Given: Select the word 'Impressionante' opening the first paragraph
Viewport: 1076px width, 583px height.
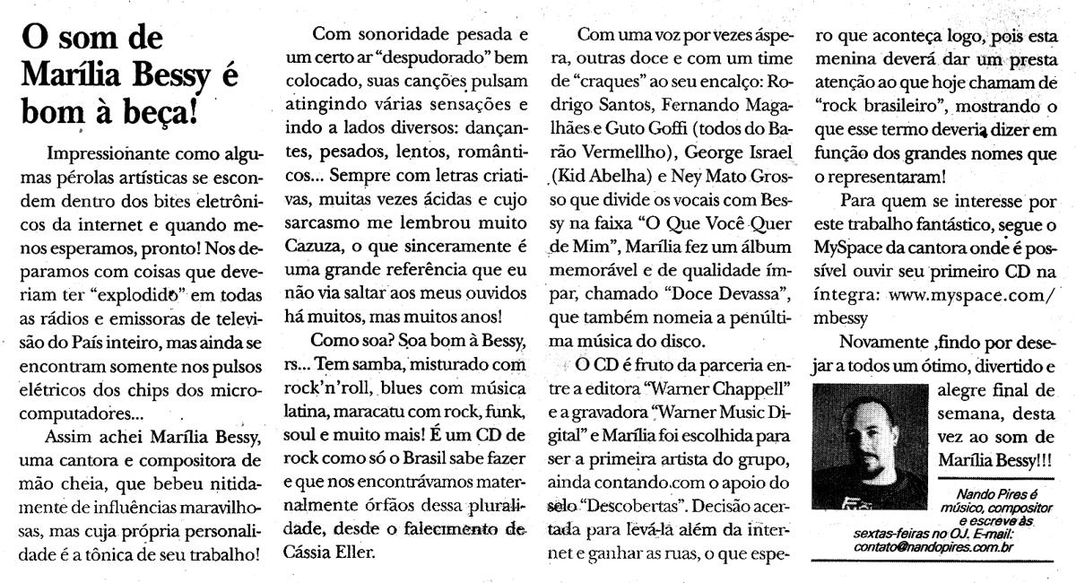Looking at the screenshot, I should pyautogui.click(x=108, y=152).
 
